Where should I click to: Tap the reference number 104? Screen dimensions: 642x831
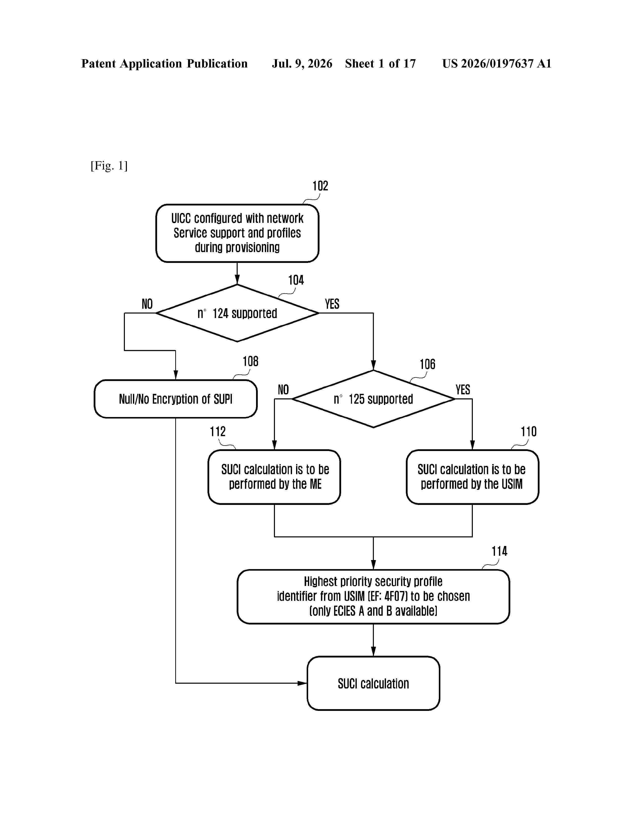coord(296,281)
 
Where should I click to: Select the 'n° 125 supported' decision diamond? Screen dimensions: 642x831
coord(373,399)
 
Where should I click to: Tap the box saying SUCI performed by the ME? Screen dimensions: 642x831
coord(274,477)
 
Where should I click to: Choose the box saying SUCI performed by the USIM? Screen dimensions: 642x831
coord(472,477)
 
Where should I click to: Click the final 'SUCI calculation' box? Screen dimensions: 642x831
coord(373,683)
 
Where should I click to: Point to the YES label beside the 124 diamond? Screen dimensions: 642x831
coord(332,304)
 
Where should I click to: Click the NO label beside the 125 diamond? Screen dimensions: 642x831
coord(283,390)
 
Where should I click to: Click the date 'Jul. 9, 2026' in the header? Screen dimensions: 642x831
coord(302,63)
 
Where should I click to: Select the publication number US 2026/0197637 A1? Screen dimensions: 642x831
coord(497,63)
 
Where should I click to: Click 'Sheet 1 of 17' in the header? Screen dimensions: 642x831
coord(380,63)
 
